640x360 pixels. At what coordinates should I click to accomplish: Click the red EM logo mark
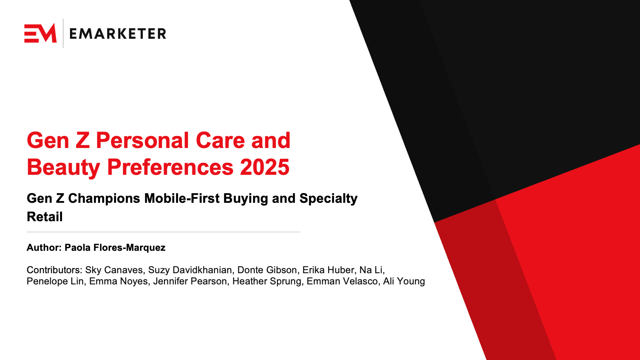(x=40, y=33)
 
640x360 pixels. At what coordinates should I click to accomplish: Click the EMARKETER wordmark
(x=118, y=34)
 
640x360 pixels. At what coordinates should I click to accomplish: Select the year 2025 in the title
(x=264, y=167)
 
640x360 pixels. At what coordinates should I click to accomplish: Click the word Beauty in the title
(x=64, y=168)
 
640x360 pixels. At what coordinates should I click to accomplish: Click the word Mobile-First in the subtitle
(x=182, y=198)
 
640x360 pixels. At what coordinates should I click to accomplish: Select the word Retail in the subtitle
(x=44, y=216)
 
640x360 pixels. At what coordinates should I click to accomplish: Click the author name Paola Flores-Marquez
(x=115, y=248)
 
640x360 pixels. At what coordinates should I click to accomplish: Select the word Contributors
(x=54, y=270)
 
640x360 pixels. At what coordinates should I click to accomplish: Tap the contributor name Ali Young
(x=404, y=282)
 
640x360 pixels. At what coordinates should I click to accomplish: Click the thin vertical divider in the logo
(x=63, y=34)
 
